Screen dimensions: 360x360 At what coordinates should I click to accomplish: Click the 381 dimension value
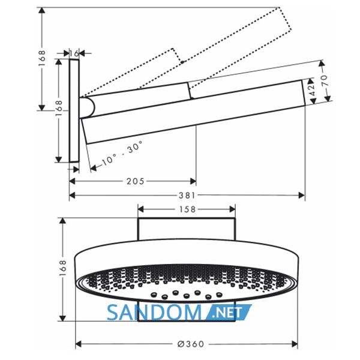187,196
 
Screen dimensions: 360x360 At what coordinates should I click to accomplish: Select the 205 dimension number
136,181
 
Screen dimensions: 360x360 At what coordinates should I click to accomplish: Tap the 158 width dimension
187,209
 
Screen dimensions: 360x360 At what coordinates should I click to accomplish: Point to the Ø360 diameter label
191,344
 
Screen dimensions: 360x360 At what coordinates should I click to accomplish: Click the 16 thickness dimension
74,53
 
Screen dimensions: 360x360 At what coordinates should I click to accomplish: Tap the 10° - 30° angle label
122,153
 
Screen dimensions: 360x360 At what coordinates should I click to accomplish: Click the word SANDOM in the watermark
154,313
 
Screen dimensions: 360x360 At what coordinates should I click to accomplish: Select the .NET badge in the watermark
227,313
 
